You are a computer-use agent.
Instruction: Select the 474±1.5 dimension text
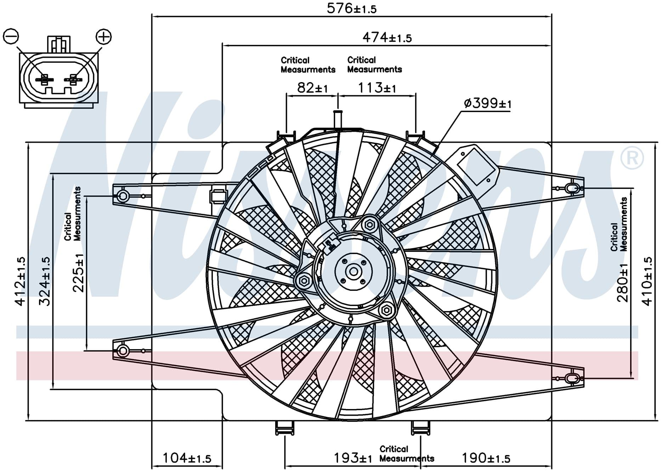387,37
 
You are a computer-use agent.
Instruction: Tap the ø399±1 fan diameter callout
487,103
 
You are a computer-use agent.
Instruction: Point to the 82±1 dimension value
312,87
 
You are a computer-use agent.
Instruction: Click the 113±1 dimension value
377,87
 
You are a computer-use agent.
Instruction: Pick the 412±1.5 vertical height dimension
20,281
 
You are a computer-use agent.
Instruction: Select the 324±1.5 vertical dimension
45,281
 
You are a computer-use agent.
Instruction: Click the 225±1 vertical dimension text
78,272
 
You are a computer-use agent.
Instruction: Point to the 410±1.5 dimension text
647,281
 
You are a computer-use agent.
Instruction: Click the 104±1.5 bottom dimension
186,458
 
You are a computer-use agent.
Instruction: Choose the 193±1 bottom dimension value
352,458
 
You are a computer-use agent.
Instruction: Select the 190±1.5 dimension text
486,458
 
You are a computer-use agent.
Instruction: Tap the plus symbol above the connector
104,36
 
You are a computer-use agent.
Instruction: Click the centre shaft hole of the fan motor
354,272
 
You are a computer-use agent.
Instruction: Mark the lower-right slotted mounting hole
571,378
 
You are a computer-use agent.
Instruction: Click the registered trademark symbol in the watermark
632,158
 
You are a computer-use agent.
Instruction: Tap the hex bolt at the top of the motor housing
369,224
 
